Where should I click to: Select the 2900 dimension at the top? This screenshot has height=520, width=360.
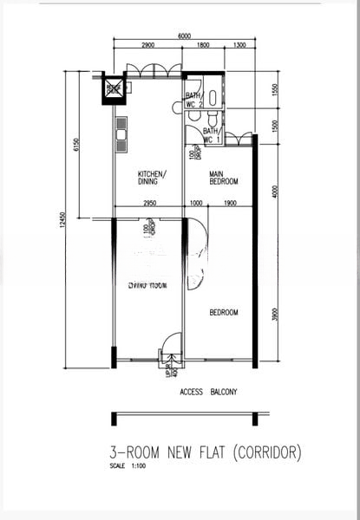tap(148, 44)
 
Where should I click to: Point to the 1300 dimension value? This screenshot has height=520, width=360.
tap(239, 44)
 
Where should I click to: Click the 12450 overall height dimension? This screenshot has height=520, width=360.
tap(62, 221)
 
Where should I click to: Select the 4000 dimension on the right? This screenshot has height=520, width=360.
tap(274, 191)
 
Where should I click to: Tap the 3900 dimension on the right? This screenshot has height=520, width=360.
tap(274, 315)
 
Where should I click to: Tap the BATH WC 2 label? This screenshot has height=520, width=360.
tap(193, 100)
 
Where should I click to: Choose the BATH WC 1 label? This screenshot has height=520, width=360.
tap(212, 135)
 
